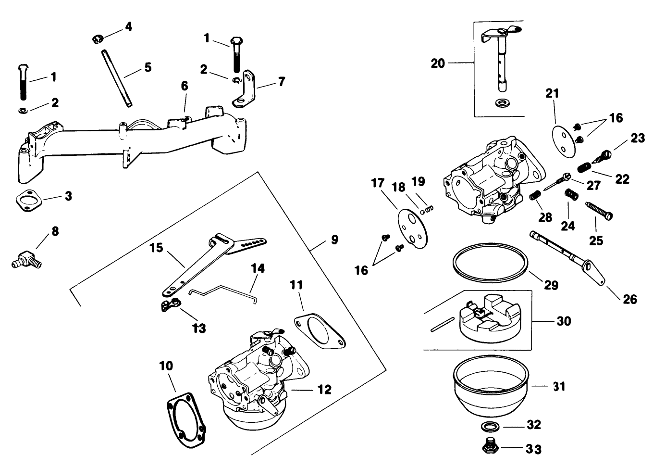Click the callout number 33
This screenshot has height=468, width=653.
(534, 449)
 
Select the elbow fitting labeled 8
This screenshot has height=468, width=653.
(27, 258)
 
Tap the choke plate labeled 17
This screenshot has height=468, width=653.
(411, 225)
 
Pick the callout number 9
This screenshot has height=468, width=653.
(334, 240)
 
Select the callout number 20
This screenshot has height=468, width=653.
(438, 63)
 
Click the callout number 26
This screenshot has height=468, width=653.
(629, 299)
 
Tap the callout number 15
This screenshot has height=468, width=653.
(156, 248)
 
